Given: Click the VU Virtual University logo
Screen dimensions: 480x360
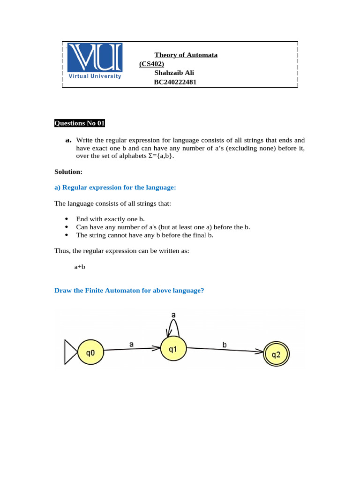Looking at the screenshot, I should coord(95,62).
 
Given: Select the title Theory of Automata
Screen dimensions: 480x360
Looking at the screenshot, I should coord(186,55).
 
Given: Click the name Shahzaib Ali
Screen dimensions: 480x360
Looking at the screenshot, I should coord(174,73).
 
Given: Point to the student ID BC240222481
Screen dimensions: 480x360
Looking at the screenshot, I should coord(175,82).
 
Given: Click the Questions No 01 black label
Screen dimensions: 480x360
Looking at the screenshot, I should coord(80,123).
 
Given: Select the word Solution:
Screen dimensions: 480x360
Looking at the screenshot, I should coord(68,172).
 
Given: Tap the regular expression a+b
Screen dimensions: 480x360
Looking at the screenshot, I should coord(80,266).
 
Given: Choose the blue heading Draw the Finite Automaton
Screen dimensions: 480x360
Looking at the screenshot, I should coord(129,291).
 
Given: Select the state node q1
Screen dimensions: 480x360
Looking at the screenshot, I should coord(173,349).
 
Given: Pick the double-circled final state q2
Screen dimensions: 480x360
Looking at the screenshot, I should coord(277,355).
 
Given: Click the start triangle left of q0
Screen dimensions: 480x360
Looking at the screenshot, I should coord(70,352).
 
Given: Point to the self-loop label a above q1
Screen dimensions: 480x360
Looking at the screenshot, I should coord(173,315).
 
